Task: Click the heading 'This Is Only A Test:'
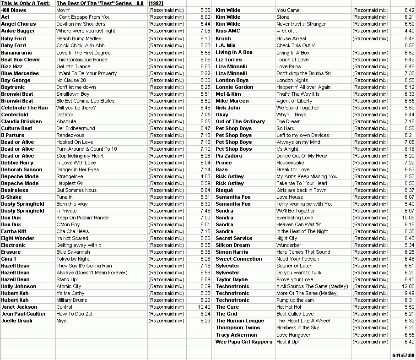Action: tap(26, 3)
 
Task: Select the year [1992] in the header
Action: tap(156, 3)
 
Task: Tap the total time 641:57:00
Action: tap(403, 355)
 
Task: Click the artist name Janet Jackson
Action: tap(19, 307)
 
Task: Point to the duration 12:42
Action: tap(204, 307)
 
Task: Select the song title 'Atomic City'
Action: tap(69, 286)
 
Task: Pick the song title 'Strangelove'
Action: tap(70, 176)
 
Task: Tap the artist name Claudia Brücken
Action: tap(22, 121)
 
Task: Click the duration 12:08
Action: tap(408, 286)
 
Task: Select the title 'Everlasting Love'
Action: tap(295, 218)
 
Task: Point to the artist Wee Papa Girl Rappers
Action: tap(244, 342)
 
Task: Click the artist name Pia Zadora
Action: tap(229, 156)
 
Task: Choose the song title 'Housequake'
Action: tap(290, 163)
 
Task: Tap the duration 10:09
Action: tap(408, 218)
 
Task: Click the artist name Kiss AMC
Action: tap(227, 31)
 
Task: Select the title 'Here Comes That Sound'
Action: tap(303, 252)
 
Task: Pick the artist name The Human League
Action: tap(240, 321)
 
